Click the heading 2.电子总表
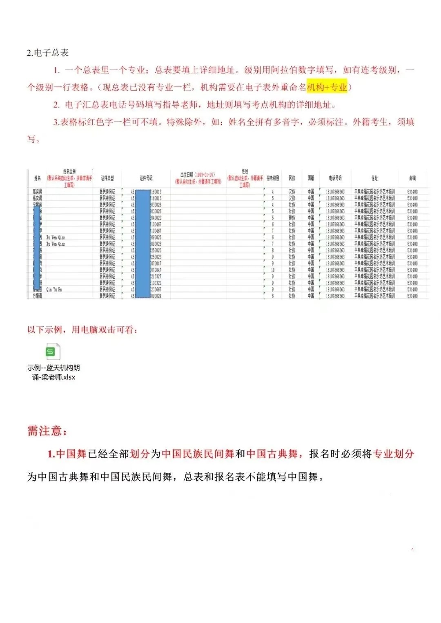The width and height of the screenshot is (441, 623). click(48, 53)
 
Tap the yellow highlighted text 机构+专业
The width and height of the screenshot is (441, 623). click(327, 87)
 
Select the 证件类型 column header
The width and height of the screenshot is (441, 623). click(107, 178)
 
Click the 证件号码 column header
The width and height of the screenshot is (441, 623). click(146, 178)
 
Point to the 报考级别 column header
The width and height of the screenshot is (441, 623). click(273, 178)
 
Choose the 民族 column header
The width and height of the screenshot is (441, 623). click(292, 178)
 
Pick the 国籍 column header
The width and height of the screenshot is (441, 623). click(311, 178)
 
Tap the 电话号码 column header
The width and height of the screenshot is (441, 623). click(335, 178)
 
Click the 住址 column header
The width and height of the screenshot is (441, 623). click(374, 178)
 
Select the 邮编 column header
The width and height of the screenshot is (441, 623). click(412, 178)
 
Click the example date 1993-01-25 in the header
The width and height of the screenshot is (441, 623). click(204, 175)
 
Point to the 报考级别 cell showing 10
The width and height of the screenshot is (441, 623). click(273, 270)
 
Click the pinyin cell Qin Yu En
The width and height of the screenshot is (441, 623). click(54, 290)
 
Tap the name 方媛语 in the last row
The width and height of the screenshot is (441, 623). click(37, 296)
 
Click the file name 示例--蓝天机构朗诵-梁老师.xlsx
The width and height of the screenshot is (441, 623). click(53, 372)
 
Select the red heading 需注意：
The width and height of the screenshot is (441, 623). click(47, 431)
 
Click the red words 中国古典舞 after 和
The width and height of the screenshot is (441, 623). click(272, 454)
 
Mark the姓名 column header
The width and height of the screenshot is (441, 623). click(37, 178)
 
